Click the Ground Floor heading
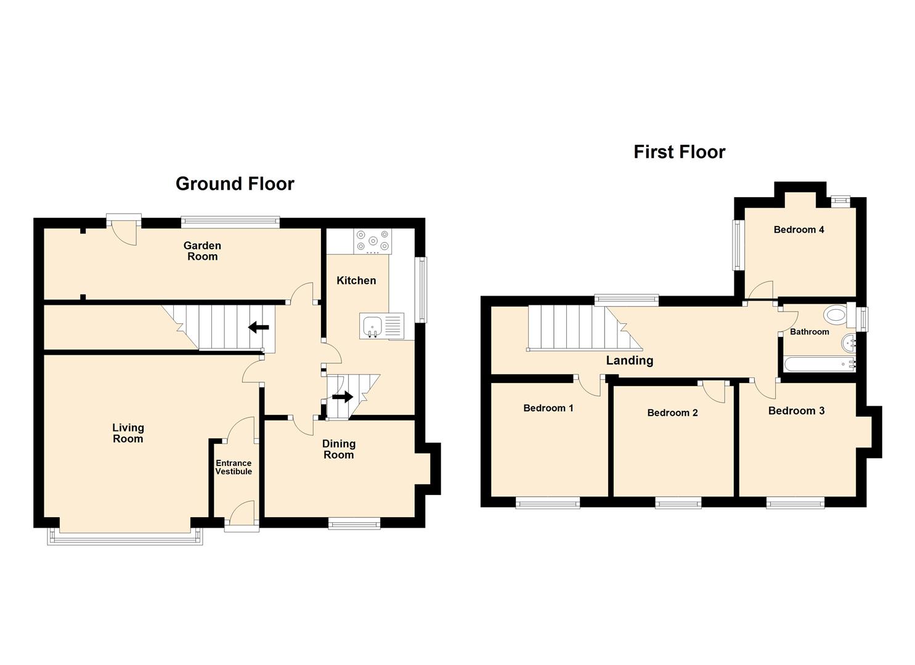pyautogui.click(x=235, y=184)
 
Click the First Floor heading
pyautogui.click(x=679, y=152)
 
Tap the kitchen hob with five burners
pyautogui.click(x=373, y=241)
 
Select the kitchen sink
pyautogui.click(x=381, y=326)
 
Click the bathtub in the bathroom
pyautogui.click(x=819, y=365)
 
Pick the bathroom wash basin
pyautogui.click(x=849, y=344)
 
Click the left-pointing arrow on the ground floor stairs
pyautogui.click(x=259, y=327)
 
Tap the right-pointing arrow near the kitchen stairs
pyautogui.click(x=343, y=397)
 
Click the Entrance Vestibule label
pyautogui.click(x=234, y=467)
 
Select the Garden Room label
pyautogui.click(x=202, y=251)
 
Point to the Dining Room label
pyautogui.click(x=339, y=449)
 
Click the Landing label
pyautogui.click(x=630, y=360)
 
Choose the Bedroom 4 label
pyautogui.click(x=799, y=230)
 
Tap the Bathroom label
pyautogui.click(x=810, y=331)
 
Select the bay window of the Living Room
pyautogui.click(x=124, y=538)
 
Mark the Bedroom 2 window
pyautogui.click(x=678, y=502)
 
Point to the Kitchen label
pyautogui.click(x=356, y=280)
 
